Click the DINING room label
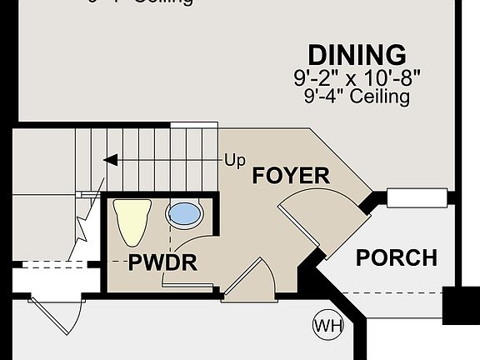point(357,55)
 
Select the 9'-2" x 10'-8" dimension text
point(357,79)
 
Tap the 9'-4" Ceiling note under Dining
point(357,97)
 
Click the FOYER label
point(291,177)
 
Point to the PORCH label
point(396,257)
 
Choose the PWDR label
point(162,264)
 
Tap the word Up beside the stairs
point(235,158)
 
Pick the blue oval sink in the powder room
point(185,215)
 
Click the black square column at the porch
point(461,305)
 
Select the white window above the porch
point(417,197)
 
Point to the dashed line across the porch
point(392,293)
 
